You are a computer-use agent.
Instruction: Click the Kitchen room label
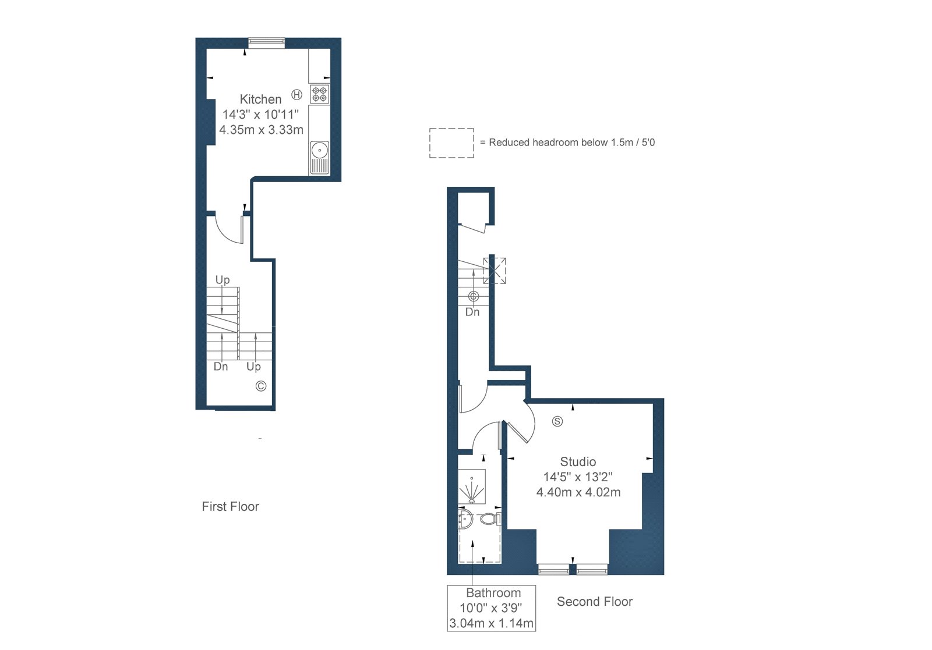click(260, 100)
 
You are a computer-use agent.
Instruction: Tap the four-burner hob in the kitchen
click(319, 94)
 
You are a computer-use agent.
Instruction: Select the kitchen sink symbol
click(320, 158)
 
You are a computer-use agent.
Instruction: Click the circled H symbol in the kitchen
click(296, 94)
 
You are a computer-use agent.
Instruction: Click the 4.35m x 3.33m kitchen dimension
click(262, 130)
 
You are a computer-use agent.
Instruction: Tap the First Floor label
click(230, 506)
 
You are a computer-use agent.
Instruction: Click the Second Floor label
click(595, 601)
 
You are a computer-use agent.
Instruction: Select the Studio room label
click(578, 461)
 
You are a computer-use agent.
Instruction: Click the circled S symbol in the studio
click(557, 421)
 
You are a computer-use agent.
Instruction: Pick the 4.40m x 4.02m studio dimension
click(578, 492)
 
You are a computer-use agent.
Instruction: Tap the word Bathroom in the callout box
click(493, 592)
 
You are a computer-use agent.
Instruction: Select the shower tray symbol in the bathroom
click(472, 486)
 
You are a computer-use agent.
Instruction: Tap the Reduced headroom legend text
click(567, 143)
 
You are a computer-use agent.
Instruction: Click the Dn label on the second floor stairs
click(472, 312)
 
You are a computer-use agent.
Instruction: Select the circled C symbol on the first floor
click(261, 386)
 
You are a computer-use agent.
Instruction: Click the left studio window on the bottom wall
click(554, 569)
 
